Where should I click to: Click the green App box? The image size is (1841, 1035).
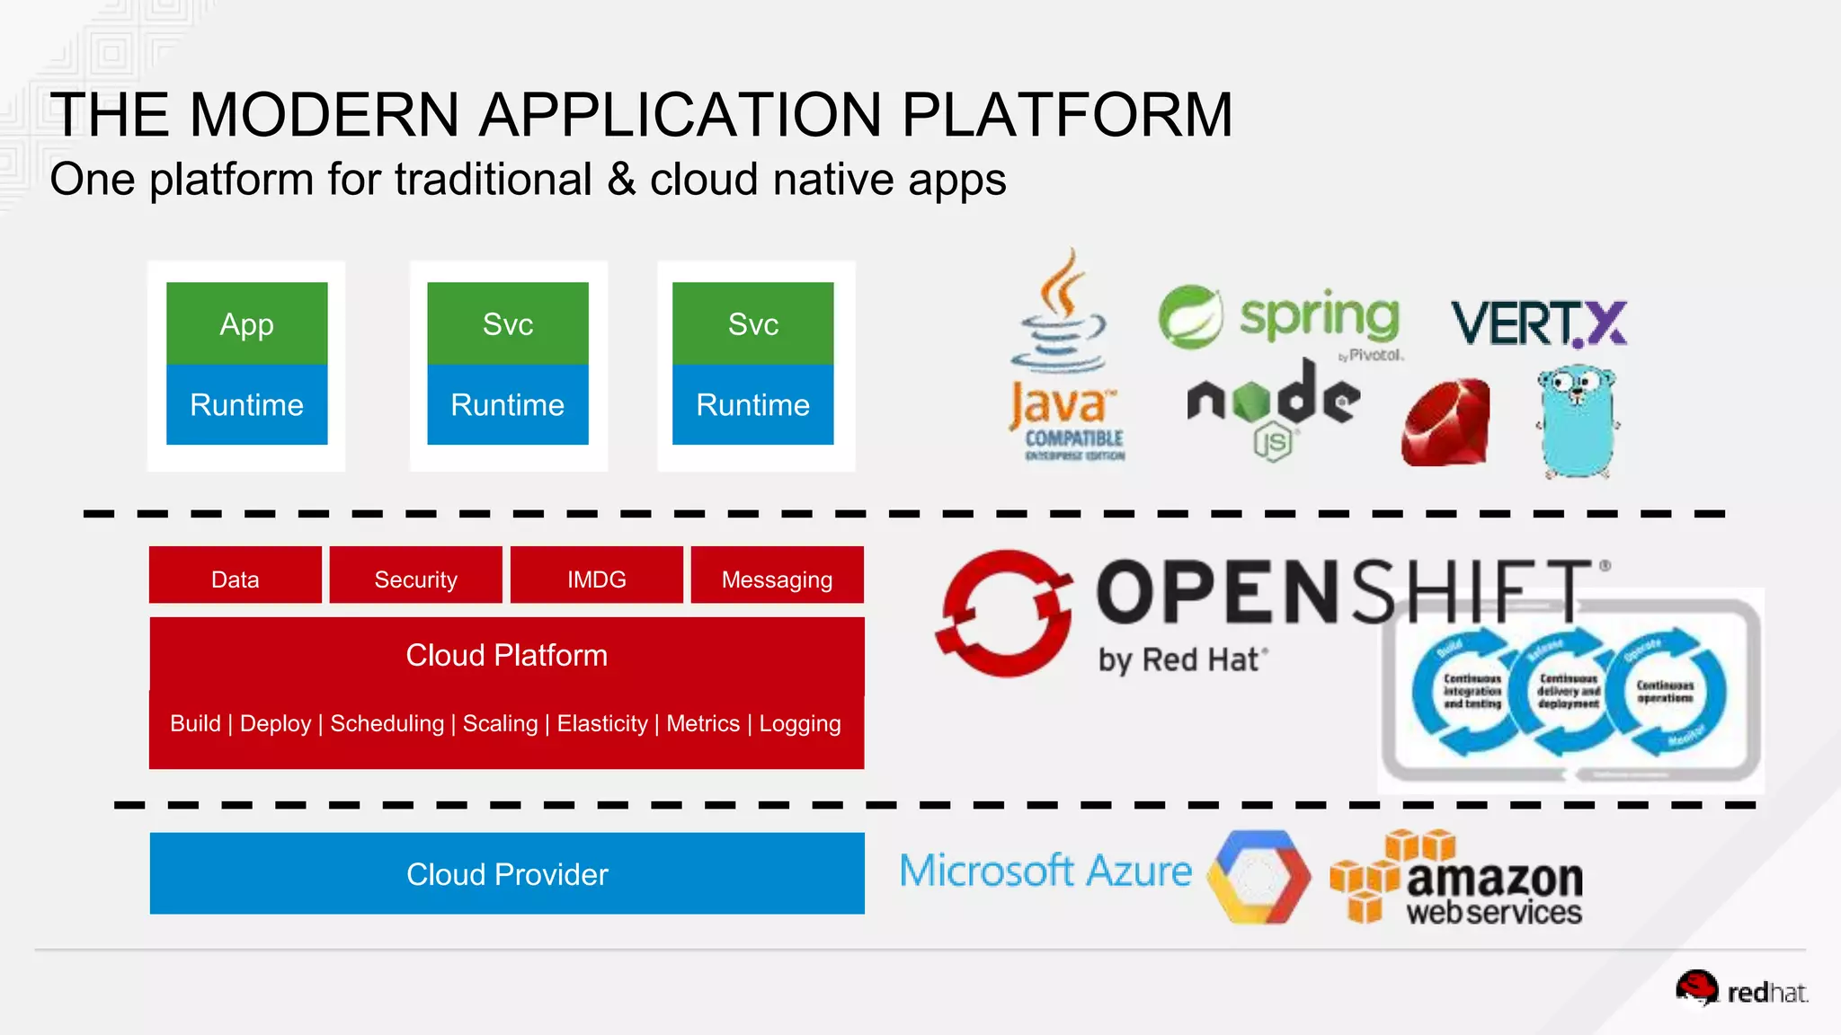click(246, 323)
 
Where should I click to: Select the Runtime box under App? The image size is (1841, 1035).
click(246, 404)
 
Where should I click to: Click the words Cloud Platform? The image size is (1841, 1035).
click(506, 655)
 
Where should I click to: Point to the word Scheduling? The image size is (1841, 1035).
click(387, 723)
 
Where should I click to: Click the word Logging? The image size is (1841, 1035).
click(799, 723)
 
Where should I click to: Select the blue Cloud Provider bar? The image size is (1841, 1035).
click(506, 873)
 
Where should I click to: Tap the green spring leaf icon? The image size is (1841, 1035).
click(1189, 316)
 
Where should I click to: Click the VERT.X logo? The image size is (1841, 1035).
click(1538, 323)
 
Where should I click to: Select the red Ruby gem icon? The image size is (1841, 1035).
click(1445, 422)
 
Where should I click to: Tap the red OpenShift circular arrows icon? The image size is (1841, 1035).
click(1004, 613)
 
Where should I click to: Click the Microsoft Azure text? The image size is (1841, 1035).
click(1045, 871)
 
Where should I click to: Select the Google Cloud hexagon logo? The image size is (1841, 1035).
click(1258, 877)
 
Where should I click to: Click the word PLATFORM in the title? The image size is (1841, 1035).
click(1066, 115)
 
